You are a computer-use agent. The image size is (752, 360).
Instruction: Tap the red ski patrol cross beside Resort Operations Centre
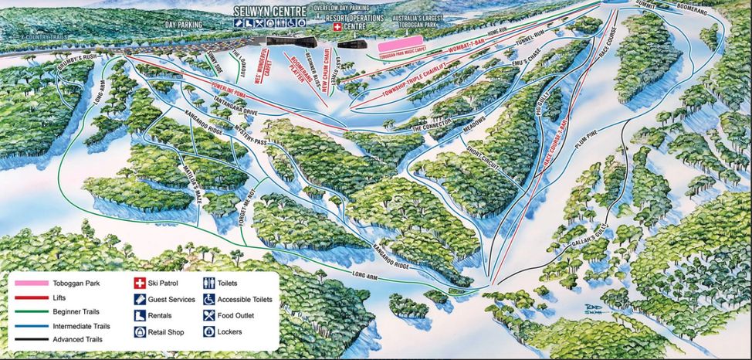coord(337,26)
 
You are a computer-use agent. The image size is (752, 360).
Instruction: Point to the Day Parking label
coord(184,25)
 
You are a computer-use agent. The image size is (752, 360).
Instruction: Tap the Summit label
coord(646,5)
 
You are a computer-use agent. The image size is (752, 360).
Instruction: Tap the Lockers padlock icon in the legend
coord(208,331)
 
